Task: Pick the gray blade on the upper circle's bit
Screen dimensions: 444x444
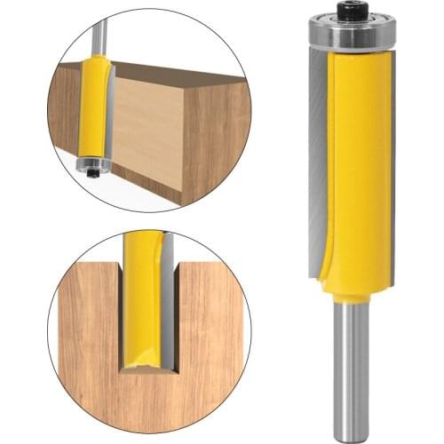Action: (109, 107)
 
